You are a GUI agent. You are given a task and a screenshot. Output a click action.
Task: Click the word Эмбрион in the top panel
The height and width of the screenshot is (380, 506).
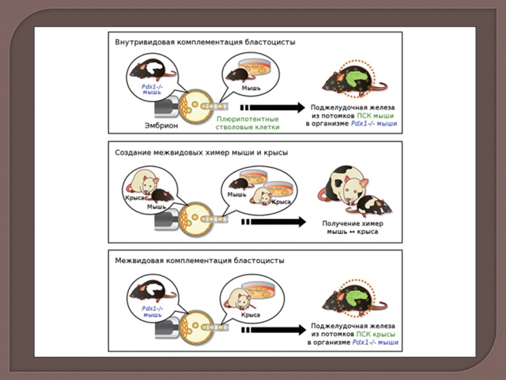tap(161, 126)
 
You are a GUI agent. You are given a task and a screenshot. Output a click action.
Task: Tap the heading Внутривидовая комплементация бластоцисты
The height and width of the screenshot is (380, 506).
tap(205, 42)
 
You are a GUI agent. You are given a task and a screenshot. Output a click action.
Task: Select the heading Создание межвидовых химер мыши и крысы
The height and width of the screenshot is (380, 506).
tap(201, 153)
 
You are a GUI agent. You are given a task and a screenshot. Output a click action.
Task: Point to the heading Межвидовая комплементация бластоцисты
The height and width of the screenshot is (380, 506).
tap(199, 261)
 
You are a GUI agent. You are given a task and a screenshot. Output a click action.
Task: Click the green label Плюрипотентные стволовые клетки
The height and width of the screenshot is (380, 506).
tap(247, 123)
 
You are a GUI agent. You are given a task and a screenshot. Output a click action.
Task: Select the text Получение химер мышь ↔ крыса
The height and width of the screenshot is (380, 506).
tap(353, 227)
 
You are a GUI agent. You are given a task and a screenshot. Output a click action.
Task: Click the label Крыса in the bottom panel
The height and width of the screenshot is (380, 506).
tap(250, 315)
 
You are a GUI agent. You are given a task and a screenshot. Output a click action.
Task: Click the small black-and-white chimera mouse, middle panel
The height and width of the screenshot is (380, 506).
tap(373, 206)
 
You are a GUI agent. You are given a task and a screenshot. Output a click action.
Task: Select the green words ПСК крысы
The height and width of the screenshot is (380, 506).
tap(376, 334)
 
